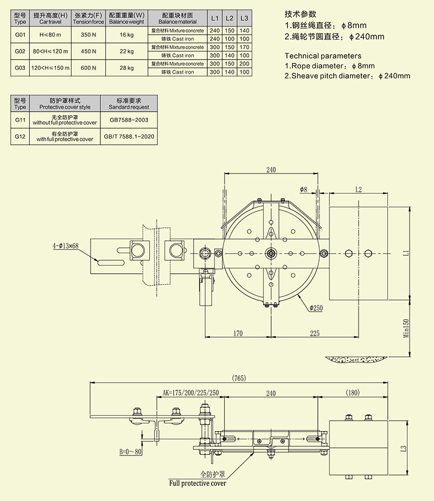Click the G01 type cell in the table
(20, 35)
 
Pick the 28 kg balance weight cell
(126, 68)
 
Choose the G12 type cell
(20, 136)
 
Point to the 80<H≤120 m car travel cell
(50, 52)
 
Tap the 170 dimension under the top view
(238, 333)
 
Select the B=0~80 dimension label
(131, 451)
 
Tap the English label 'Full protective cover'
(197, 483)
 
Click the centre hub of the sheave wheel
(271, 253)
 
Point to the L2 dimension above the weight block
(358, 189)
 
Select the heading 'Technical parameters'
(323, 55)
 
